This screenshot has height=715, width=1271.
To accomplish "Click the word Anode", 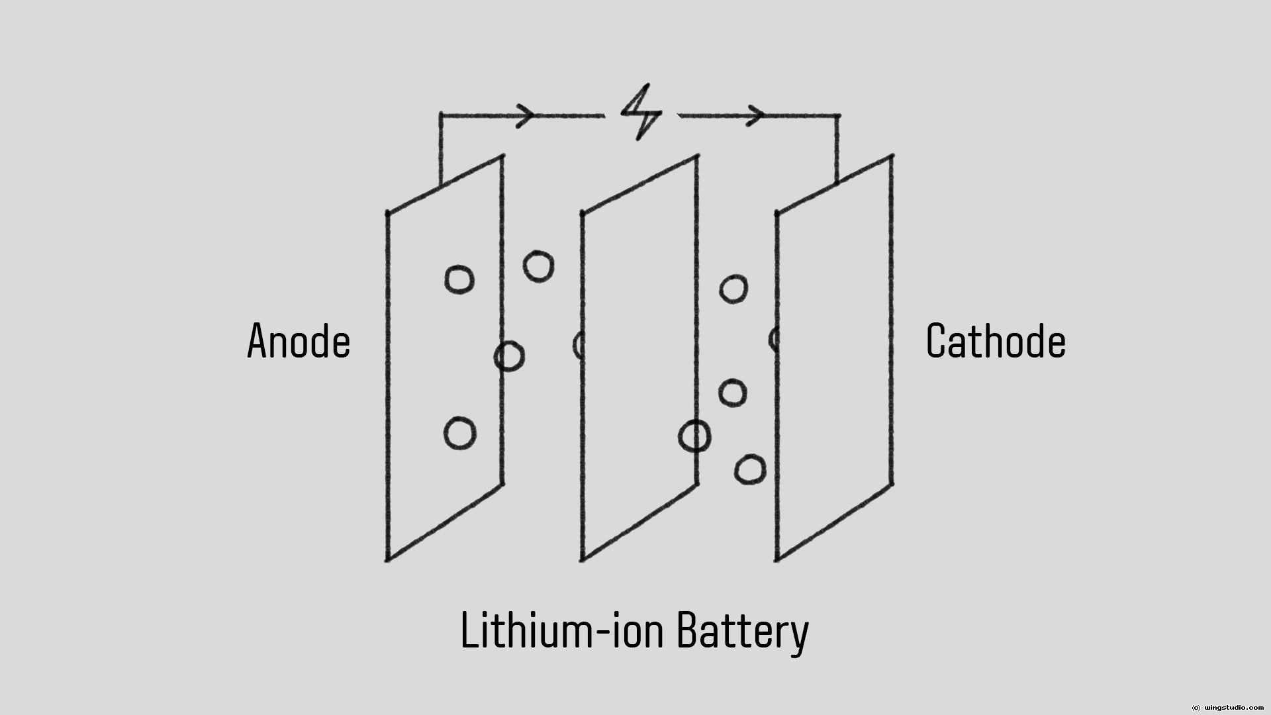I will click(x=299, y=342).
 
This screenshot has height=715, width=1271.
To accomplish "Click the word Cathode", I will click(x=996, y=342).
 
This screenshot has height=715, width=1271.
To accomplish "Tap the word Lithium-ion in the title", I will click(x=561, y=630).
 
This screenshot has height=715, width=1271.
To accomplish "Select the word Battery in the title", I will click(x=742, y=630).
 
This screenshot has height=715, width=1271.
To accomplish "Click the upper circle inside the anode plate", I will click(x=459, y=279).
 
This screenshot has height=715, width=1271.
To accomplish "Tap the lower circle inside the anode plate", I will click(x=459, y=434).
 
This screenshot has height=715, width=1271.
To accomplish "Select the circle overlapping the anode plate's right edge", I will click(x=509, y=356).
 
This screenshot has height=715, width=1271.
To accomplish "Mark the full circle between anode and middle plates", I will click(x=539, y=267).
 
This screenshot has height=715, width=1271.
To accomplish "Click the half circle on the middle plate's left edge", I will click(x=578, y=345).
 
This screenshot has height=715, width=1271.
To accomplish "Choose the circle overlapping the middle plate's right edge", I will click(x=695, y=437).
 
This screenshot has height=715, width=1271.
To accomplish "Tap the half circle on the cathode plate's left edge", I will click(x=773, y=340).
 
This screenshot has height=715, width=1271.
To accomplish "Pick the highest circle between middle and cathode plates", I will click(x=733, y=289).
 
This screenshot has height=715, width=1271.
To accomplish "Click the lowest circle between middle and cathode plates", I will click(x=750, y=470).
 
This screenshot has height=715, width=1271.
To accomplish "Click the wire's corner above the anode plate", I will click(x=441, y=116).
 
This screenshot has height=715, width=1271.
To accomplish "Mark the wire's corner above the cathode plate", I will click(x=838, y=116).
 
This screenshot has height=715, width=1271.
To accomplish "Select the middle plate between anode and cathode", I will click(x=639, y=358).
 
